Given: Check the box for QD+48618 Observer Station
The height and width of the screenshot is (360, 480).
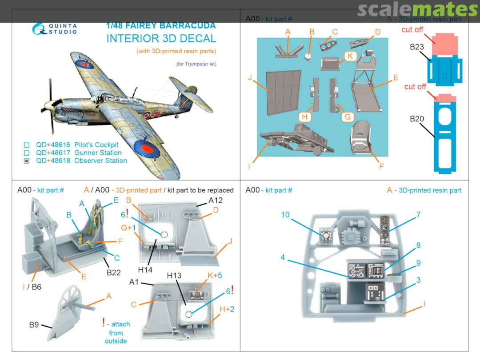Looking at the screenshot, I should coord(26,161).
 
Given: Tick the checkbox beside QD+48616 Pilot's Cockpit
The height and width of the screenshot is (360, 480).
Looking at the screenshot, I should coord(26,145).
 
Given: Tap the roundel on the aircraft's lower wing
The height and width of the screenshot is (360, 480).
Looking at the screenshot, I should coord(145,148).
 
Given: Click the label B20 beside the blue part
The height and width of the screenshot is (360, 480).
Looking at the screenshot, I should coord(418,119).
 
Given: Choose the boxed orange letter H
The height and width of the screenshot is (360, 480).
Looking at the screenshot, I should coord(304,117).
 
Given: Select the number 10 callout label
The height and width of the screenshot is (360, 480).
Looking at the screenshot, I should coord(285,215).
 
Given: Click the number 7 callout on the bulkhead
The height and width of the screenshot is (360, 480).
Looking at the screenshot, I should coord(418,215).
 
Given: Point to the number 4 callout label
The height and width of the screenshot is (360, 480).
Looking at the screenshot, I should coord(283,257).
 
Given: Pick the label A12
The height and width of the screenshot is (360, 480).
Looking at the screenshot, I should coord(215,200).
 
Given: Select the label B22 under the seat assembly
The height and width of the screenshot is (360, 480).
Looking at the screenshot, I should coord(113,272).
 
